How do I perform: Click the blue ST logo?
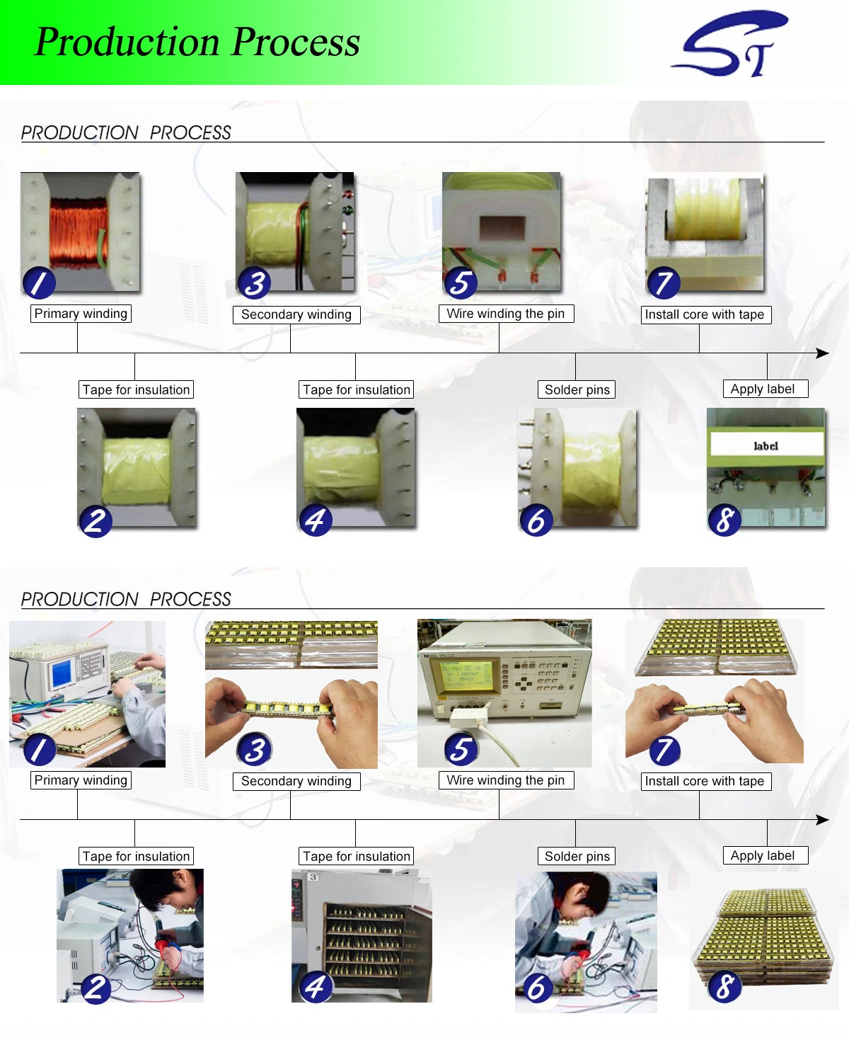click(729, 44)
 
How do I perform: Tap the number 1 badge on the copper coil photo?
click(39, 283)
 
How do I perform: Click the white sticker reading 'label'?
click(766, 445)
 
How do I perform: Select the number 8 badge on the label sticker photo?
click(724, 520)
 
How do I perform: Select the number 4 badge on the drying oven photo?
click(316, 987)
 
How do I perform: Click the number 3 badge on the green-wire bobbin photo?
click(255, 283)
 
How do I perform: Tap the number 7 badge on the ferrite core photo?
click(664, 283)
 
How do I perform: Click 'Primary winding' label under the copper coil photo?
click(81, 314)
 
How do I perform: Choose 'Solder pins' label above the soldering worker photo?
click(577, 856)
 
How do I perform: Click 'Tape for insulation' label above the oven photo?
click(356, 856)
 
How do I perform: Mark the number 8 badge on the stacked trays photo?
click(724, 987)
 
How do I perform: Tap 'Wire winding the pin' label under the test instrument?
click(505, 780)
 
